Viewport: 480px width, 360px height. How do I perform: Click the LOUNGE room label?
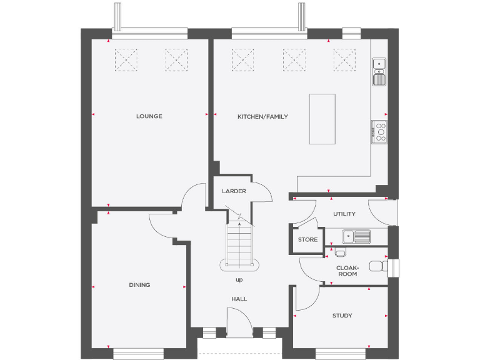[149, 116]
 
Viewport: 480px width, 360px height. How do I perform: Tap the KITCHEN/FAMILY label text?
[262, 116]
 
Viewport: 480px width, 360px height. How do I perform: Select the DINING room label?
[139, 285]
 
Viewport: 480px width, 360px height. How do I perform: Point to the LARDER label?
[234, 191]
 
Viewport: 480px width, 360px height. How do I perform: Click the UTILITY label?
[344, 214]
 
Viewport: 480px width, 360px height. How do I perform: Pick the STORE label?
[307, 240]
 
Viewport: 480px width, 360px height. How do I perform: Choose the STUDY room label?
[342, 316]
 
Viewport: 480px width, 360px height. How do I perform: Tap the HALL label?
[239, 299]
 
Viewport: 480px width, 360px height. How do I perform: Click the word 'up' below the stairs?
[239, 279]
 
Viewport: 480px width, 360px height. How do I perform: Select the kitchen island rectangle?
[322, 119]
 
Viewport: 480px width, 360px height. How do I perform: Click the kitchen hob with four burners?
[379, 132]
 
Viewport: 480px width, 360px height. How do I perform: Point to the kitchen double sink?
[379, 71]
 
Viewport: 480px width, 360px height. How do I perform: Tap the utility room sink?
[357, 236]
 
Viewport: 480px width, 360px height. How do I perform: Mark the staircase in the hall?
[239, 244]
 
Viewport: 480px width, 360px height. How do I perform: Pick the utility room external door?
[381, 212]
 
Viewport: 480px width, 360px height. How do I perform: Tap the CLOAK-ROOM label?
[347, 271]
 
